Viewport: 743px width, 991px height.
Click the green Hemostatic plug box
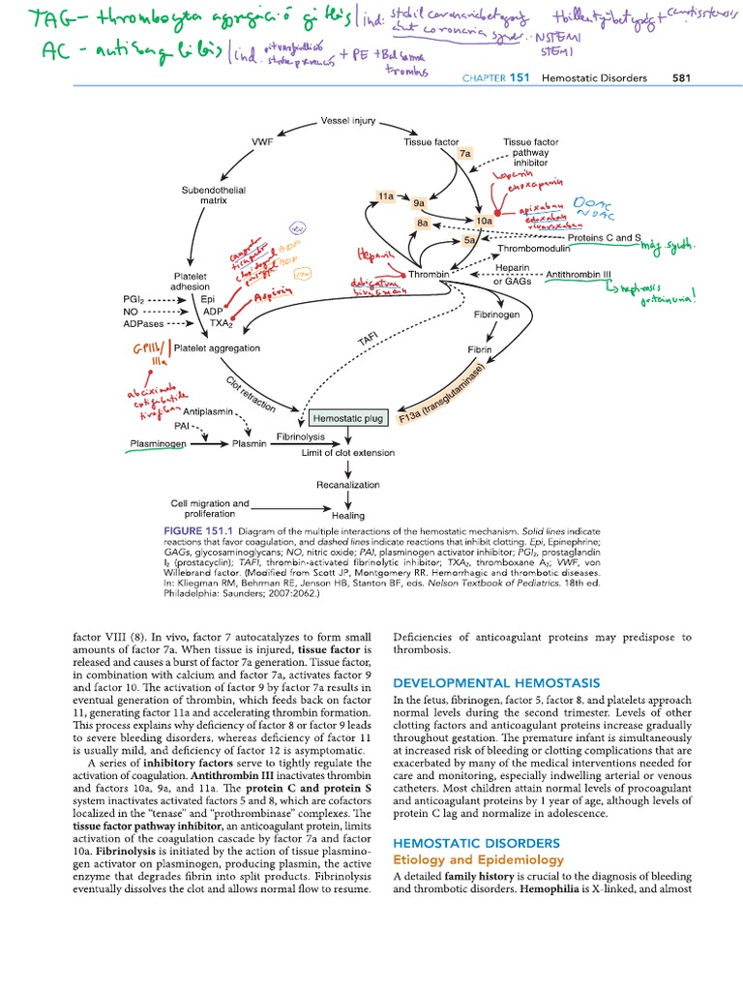pyautogui.click(x=348, y=419)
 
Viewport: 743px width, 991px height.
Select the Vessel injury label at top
pyautogui.click(x=346, y=121)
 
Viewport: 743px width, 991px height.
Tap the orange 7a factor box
pyautogui.click(x=465, y=153)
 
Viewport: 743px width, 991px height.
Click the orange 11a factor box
pyautogui.click(x=388, y=195)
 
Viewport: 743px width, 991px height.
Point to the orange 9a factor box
pyautogui.click(x=419, y=204)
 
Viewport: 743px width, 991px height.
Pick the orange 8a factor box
pyautogui.click(x=423, y=223)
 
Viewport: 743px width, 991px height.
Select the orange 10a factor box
pyautogui.click(x=484, y=222)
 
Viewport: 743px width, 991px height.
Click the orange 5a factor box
pyautogui.click(x=470, y=239)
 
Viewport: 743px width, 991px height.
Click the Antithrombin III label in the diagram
pyautogui.click(x=583, y=275)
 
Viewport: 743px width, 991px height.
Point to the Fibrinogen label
pyautogui.click(x=496, y=315)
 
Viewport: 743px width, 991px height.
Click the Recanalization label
pyautogui.click(x=347, y=484)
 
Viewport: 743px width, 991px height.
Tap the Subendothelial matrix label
pyautogui.click(x=214, y=195)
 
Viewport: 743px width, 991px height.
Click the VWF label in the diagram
pyautogui.click(x=261, y=141)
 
